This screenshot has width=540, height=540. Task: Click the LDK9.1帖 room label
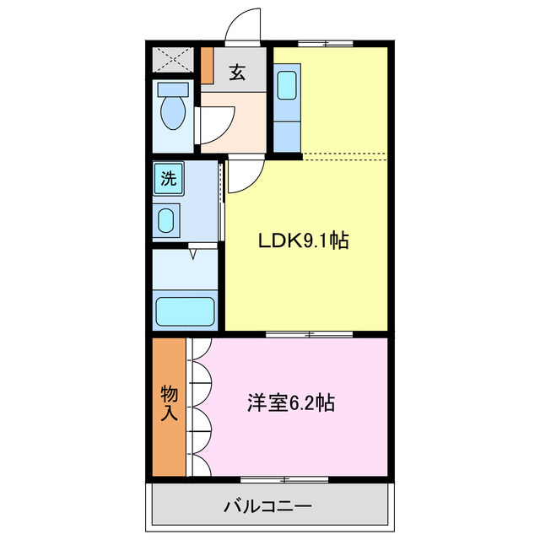pos(303,240)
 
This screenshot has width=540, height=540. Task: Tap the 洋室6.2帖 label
pos(290,402)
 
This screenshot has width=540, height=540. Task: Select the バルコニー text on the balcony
pos(267,507)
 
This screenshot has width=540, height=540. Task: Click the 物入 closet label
pos(169,403)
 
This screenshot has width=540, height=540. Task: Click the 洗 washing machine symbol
pos(169,178)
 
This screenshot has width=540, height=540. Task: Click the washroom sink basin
pos(166,221)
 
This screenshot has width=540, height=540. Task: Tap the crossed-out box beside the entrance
pos(172,59)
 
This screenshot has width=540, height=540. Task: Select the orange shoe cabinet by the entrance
pos(207,65)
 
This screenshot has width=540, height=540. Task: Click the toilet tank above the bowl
pos(173,88)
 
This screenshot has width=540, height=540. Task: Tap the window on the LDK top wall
pos(326,43)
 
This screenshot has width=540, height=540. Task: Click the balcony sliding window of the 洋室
pos(284,479)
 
